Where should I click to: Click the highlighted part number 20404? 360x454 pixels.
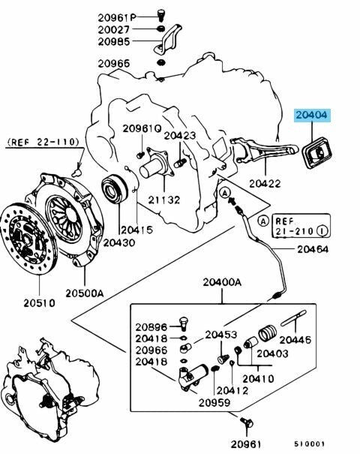pyautogui.click(x=311, y=115)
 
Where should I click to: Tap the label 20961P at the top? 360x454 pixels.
pyautogui.click(x=117, y=18)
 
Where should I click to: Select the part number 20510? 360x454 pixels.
pyautogui.click(x=39, y=303)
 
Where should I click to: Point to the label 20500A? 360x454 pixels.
pyautogui.click(x=84, y=293)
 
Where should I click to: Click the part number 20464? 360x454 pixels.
pyautogui.click(x=313, y=249)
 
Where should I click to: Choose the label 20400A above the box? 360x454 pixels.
pyautogui.click(x=222, y=282)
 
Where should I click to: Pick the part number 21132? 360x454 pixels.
pyautogui.click(x=164, y=200)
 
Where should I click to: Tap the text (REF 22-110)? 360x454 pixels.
pyautogui.click(x=43, y=142)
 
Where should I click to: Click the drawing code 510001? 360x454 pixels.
pyautogui.click(x=310, y=443)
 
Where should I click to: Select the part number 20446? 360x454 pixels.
pyautogui.click(x=295, y=339)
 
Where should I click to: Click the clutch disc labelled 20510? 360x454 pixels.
pyautogui.click(x=28, y=237)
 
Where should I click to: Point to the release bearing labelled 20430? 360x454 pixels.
pyautogui.click(x=115, y=188)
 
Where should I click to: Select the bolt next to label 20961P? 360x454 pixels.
pyautogui.click(x=160, y=15)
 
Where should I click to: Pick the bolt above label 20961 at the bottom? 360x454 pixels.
pyautogui.click(x=246, y=422)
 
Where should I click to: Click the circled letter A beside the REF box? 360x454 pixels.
pyautogui.click(x=263, y=221)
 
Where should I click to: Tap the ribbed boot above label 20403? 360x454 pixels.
pyautogui.click(x=267, y=333)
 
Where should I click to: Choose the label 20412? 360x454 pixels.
pyautogui.click(x=232, y=390)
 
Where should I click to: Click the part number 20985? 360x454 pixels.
pyautogui.click(x=114, y=41)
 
